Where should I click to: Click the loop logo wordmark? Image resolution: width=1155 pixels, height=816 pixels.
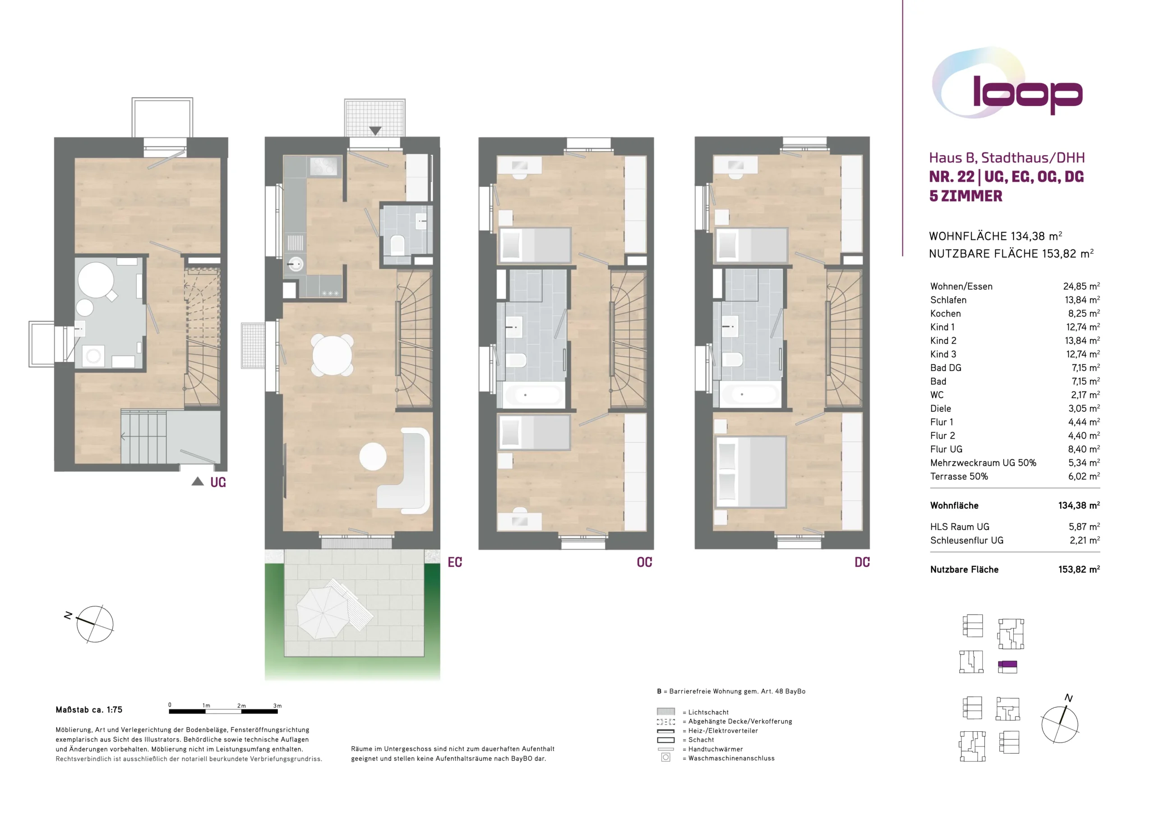(x=1027, y=94)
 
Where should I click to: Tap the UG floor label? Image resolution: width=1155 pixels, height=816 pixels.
(x=218, y=482)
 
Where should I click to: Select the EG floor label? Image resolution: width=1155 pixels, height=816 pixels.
(x=455, y=562)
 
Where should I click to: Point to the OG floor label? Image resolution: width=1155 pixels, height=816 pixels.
(x=644, y=562)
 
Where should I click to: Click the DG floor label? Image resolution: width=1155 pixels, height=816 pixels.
(x=862, y=562)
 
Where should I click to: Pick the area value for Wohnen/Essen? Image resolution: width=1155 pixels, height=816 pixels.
(x=1081, y=286)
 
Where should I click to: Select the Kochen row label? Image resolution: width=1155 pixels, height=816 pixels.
(x=945, y=313)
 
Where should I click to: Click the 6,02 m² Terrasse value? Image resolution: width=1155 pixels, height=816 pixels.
(x=1084, y=476)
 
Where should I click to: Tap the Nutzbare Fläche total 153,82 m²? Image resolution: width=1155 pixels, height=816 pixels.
(x=1079, y=569)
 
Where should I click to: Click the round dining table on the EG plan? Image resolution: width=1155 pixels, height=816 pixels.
(x=332, y=355)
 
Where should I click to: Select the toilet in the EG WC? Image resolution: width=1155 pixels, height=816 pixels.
(x=397, y=245)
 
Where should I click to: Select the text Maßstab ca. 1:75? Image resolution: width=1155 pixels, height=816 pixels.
(x=89, y=710)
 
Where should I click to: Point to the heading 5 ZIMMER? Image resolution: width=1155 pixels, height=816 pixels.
(x=966, y=196)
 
